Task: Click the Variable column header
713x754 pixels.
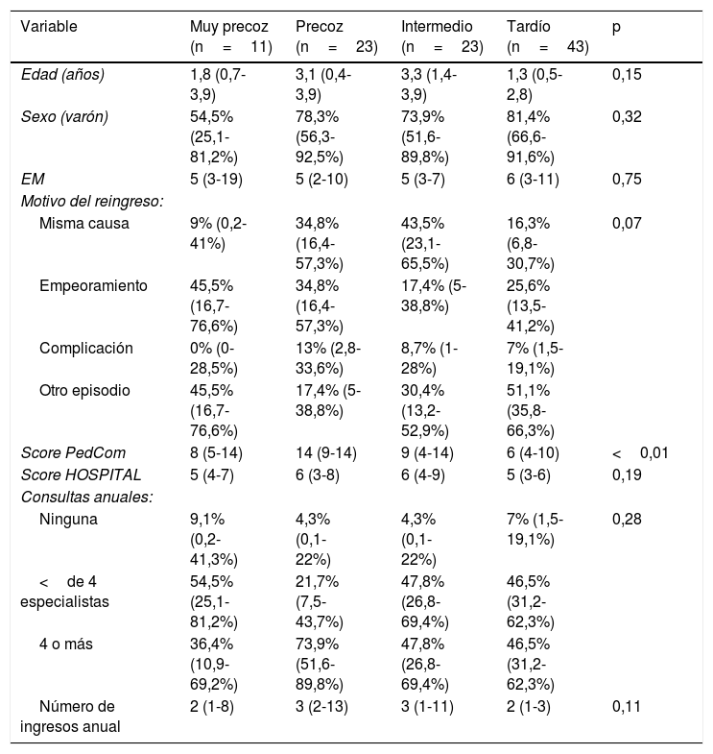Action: [x=49, y=27]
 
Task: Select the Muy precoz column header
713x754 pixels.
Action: [x=231, y=36]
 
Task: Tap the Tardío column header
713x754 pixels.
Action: [x=548, y=36]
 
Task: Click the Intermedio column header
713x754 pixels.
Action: [x=442, y=36]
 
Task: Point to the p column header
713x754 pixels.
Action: [x=616, y=28]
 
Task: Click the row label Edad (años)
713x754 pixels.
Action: [x=62, y=75]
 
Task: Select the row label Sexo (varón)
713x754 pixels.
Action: [x=64, y=117]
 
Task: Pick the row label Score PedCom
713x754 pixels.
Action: [x=73, y=453]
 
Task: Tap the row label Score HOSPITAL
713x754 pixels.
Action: [x=82, y=475]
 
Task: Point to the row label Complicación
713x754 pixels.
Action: [x=86, y=348]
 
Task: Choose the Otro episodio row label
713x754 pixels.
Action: [x=84, y=391]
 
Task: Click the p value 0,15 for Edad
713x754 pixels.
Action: [x=627, y=75]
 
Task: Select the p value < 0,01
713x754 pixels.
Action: [x=640, y=453]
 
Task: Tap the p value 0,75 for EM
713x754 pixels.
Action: [x=627, y=180]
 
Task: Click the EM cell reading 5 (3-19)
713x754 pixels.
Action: [x=216, y=180]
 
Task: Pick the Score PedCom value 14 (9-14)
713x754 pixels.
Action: [x=326, y=453]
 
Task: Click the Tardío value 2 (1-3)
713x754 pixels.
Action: [x=529, y=706]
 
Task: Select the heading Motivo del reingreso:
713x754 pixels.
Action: [x=92, y=202]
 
